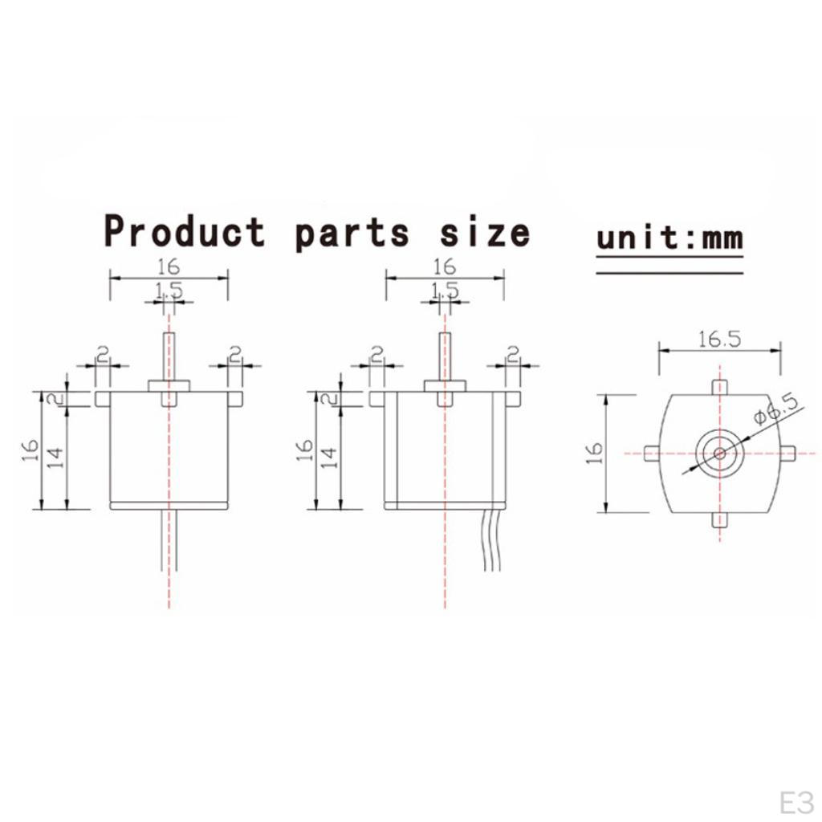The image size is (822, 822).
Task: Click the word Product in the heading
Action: (x=185, y=232)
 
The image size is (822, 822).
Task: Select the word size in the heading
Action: (x=485, y=232)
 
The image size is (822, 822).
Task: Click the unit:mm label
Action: (x=669, y=238)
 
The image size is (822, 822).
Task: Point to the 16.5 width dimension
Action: (x=718, y=339)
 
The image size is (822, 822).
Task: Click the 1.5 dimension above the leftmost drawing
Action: (x=169, y=291)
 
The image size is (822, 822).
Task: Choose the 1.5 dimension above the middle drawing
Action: (x=444, y=291)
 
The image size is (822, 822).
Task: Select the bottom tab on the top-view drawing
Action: (x=719, y=520)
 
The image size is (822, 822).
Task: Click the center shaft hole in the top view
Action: (x=719, y=453)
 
